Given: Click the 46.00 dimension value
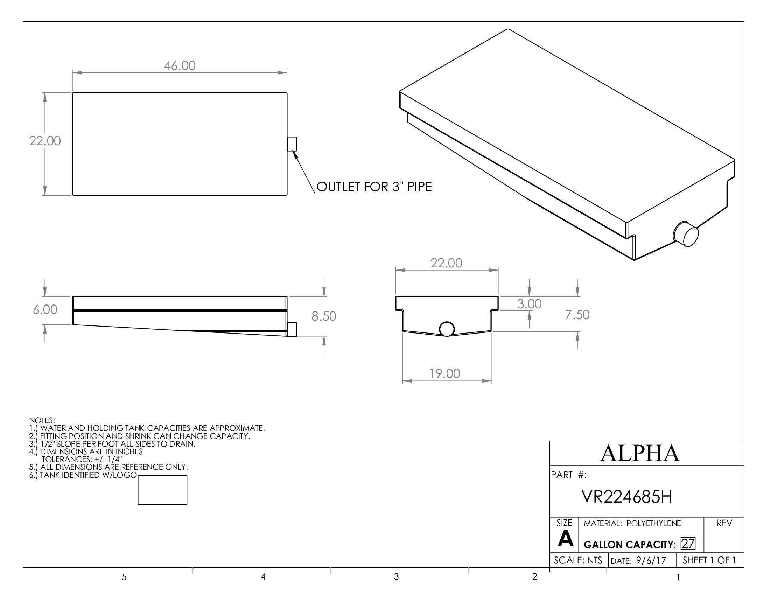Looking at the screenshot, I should point(180,66).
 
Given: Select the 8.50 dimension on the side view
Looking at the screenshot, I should point(323,316).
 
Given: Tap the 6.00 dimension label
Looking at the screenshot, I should point(45,309).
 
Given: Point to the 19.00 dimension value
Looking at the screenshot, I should point(444,374).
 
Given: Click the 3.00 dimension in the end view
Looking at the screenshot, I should point(529,304).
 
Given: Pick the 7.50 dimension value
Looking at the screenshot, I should point(577,315).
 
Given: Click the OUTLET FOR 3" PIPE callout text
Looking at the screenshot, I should point(374,187).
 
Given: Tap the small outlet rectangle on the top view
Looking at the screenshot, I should point(292,144).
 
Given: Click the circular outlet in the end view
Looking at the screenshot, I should point(447,329).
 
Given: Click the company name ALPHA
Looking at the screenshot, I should point(639,453).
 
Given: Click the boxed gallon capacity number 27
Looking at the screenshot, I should point(687,544).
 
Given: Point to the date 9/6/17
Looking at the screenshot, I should point(651,561).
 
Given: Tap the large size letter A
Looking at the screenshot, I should point(565,539).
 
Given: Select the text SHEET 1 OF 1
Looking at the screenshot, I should point(709,560).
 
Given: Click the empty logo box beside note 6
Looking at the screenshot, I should point(162,490).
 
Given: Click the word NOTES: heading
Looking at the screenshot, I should point(42,420).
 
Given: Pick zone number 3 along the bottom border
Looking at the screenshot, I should point(396,577).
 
